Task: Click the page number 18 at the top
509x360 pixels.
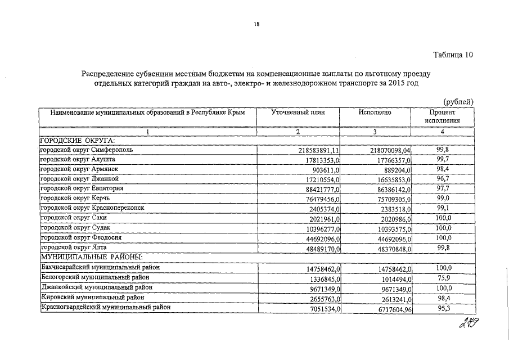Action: pyautogui.click(x=256, y=24)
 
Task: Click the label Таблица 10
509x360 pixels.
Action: pyautogui.click(x=453, y=55)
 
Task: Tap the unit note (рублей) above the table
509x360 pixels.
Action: pyautogui.click(x=459, y=101)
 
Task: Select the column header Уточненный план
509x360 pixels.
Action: pyautogui.click(x=298, y=112)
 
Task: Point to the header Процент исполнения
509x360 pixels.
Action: pyautogui.click(x=442, y=116)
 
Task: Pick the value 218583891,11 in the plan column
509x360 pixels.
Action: pyautogui.click(x=318, y=151)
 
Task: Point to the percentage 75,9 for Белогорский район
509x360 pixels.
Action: pyautogui.click(x=444, y=277)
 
